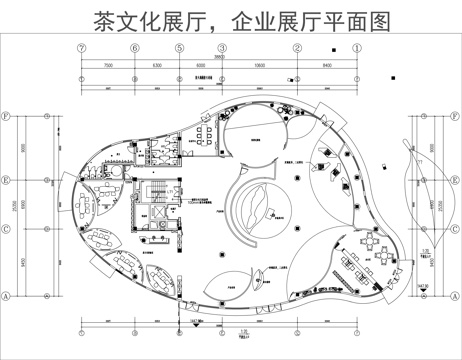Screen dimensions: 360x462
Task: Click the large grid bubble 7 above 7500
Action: pyautogui.click(x=79, y=48)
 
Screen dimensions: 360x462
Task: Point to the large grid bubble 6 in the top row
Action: pyautogui.click(x=128, y=48)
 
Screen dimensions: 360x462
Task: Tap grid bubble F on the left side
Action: pyautogui.click(x=8, y=114)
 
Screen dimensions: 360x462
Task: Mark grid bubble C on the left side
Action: pyautogui.click(x=8, y=228)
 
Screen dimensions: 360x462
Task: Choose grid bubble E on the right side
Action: pyautogui.click(x=452, y=181)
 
